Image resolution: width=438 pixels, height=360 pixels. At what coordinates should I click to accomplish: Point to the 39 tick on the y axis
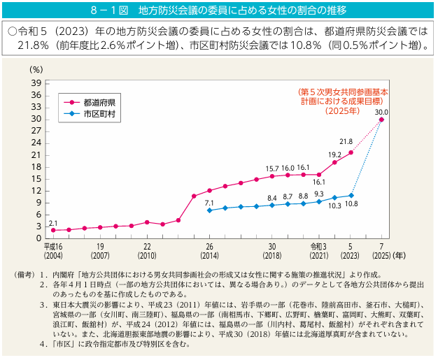[x=37, y=83]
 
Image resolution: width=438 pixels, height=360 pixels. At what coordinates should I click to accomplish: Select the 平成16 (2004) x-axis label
[x=53, y=252]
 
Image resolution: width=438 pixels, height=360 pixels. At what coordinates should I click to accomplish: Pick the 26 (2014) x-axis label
[x=209, y=252]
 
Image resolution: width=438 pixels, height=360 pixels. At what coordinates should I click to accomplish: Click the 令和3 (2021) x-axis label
[x=319, y=252]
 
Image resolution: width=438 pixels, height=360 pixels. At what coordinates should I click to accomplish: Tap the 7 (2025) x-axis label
[x=381, y=252]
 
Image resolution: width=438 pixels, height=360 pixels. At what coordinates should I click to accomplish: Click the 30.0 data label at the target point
[x=381, y=112]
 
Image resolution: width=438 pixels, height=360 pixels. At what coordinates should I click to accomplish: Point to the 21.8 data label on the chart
[x=346, y=142]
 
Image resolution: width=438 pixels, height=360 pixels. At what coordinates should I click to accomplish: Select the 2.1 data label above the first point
[x=53, y=222]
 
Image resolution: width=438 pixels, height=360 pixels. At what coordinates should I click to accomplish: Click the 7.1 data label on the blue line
[x=209, y=202]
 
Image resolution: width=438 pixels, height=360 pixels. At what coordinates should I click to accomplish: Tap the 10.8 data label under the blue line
[x=352, y=204]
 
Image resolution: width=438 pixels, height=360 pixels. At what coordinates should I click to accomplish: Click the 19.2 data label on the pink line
[x=334, y=154]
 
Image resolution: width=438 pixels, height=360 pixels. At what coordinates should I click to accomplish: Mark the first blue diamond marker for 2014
[x=209, y=210]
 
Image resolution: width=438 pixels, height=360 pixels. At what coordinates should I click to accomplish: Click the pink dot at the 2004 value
[x=53, y=230]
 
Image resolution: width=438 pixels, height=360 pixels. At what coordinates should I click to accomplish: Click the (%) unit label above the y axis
[x=37, y=69]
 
